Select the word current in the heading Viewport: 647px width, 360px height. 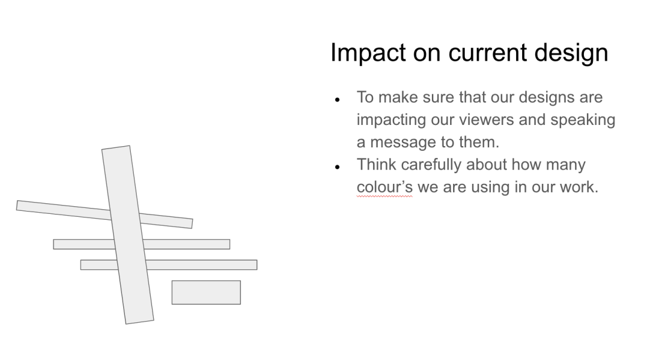coord(488,53)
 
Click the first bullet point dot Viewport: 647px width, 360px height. coord(338,100)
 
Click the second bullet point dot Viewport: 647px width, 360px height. coord(338,167)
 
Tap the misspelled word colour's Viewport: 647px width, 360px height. coord(385,187)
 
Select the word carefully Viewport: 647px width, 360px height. coord(431,165)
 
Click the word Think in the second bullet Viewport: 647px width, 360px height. coord(377,164)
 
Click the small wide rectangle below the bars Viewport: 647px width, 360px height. coord(206,292)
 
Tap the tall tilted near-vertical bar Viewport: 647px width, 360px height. coord(127,235)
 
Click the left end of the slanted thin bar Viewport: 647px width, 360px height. coord(17,206)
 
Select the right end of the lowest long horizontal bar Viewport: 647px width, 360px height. coord(257,265)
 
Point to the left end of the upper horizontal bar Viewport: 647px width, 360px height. coord(54,244)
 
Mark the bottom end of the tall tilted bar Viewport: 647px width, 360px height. coord(140,322)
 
